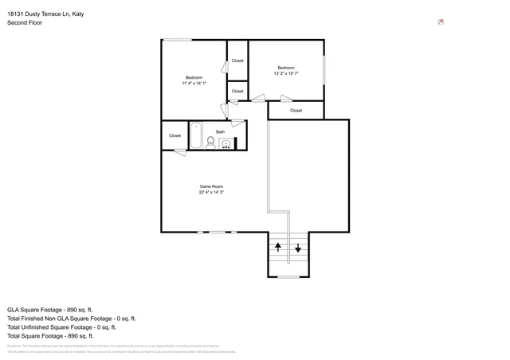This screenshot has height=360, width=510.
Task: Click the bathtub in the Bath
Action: [x=196, y=135]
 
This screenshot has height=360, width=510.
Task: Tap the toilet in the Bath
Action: [x=211, y=143]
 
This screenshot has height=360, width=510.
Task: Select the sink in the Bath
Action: [x=226, y=144]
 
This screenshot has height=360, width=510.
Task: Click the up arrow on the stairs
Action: [x=277, y=248]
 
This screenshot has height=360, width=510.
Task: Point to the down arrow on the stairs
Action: [x=298, y=248]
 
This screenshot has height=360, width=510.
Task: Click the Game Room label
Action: [x=211, y=186]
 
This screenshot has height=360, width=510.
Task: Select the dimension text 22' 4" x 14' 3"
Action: [x=211, y=193]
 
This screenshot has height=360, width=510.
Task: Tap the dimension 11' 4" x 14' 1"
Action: [x=194, y=84]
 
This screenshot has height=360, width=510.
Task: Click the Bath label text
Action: [x=220, y=131]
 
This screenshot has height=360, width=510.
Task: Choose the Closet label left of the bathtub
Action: [x=175, y=135]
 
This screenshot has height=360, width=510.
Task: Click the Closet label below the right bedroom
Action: [x=296, y=111]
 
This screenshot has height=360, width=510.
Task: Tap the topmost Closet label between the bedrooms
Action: [x=237, y=61]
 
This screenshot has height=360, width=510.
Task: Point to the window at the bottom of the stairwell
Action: [x=288, y=276]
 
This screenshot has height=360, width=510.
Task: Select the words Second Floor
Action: [x=25, y=23]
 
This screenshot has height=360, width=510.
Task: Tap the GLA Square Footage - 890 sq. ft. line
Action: [x=50, y=309]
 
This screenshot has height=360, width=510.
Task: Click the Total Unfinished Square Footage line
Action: [x=61, y=327]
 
